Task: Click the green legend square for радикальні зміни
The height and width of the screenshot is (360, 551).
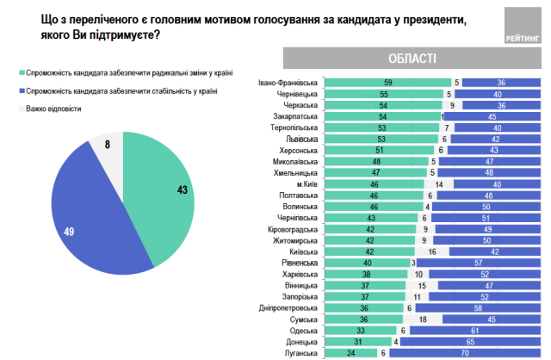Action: pos(20,76)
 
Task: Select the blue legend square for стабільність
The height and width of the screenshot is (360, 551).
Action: pos(20,91)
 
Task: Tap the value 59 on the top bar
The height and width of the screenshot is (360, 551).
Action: pos(388,83)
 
